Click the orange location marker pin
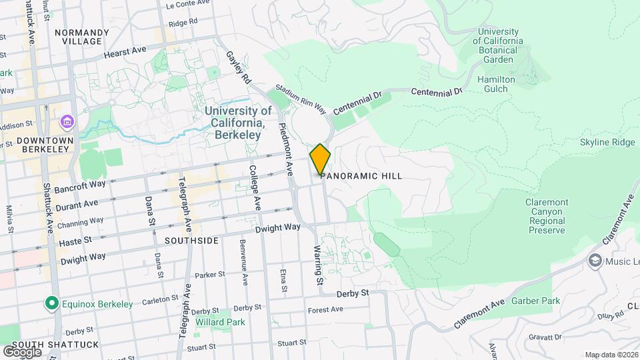[x=320, y=159]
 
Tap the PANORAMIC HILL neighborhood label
[x=363, y=176]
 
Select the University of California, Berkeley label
[x=238, y=123]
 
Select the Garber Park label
[x=535, y=301]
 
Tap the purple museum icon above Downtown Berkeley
[x=67, y=123]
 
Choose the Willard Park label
[x=221, y=322]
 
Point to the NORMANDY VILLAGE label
[x=82, y=36]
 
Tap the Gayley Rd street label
[x=238, y=68]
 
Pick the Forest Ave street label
[x=325, y=309]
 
